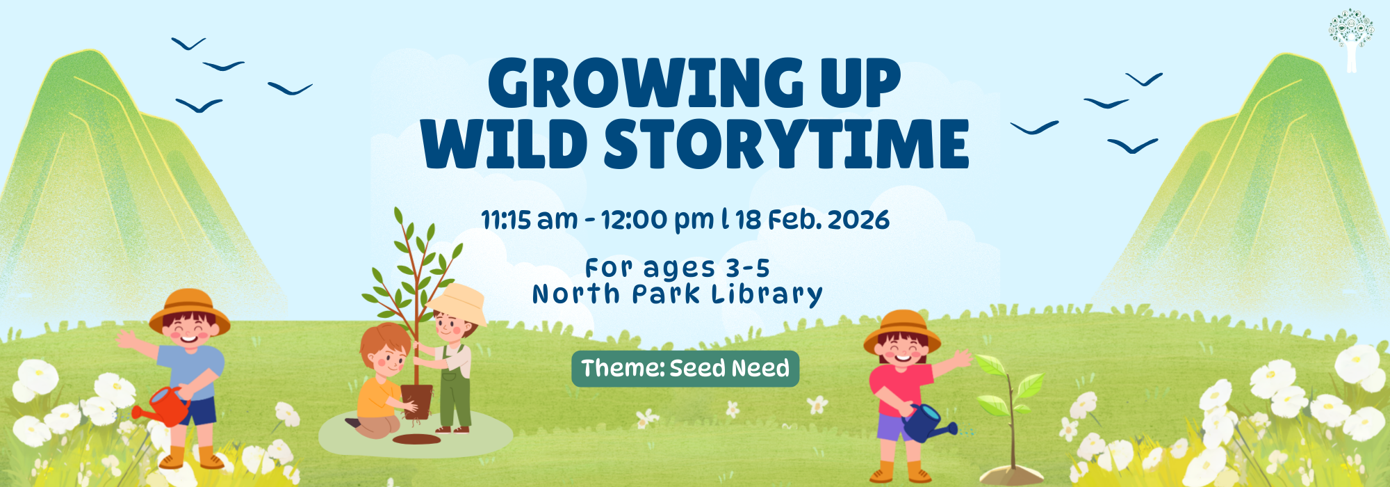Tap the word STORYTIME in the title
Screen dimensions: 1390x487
click(786, 144)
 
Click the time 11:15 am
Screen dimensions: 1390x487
click(530, 220)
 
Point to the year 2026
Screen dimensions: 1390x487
click(858, 220)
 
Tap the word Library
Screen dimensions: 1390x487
click(767, 294)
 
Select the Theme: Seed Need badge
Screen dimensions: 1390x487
click(685, 369)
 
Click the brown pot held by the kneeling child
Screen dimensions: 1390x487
click(417, 401)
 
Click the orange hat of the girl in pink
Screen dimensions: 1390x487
click(902, 330)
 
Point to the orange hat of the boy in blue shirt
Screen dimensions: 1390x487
click(190, 310)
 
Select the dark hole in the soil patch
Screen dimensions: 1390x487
click(416, 439)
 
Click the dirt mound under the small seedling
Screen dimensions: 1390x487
click(1012, 475)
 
